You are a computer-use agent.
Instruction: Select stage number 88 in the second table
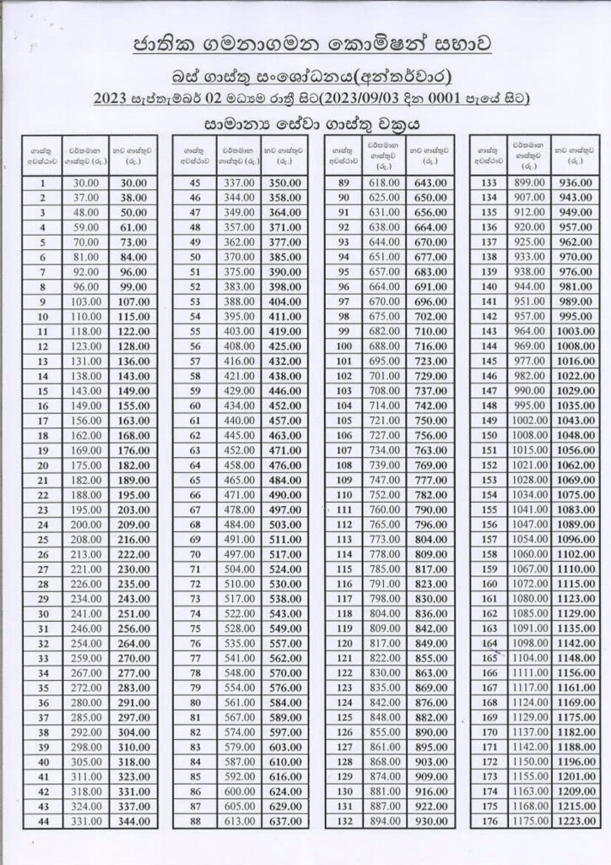194,821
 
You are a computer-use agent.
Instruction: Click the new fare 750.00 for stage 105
430,420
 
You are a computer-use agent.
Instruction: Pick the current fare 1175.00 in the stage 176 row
531,821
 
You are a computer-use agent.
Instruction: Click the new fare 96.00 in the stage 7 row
132,272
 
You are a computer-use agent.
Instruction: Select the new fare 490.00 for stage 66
283,495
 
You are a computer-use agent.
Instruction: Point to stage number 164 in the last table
487,644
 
